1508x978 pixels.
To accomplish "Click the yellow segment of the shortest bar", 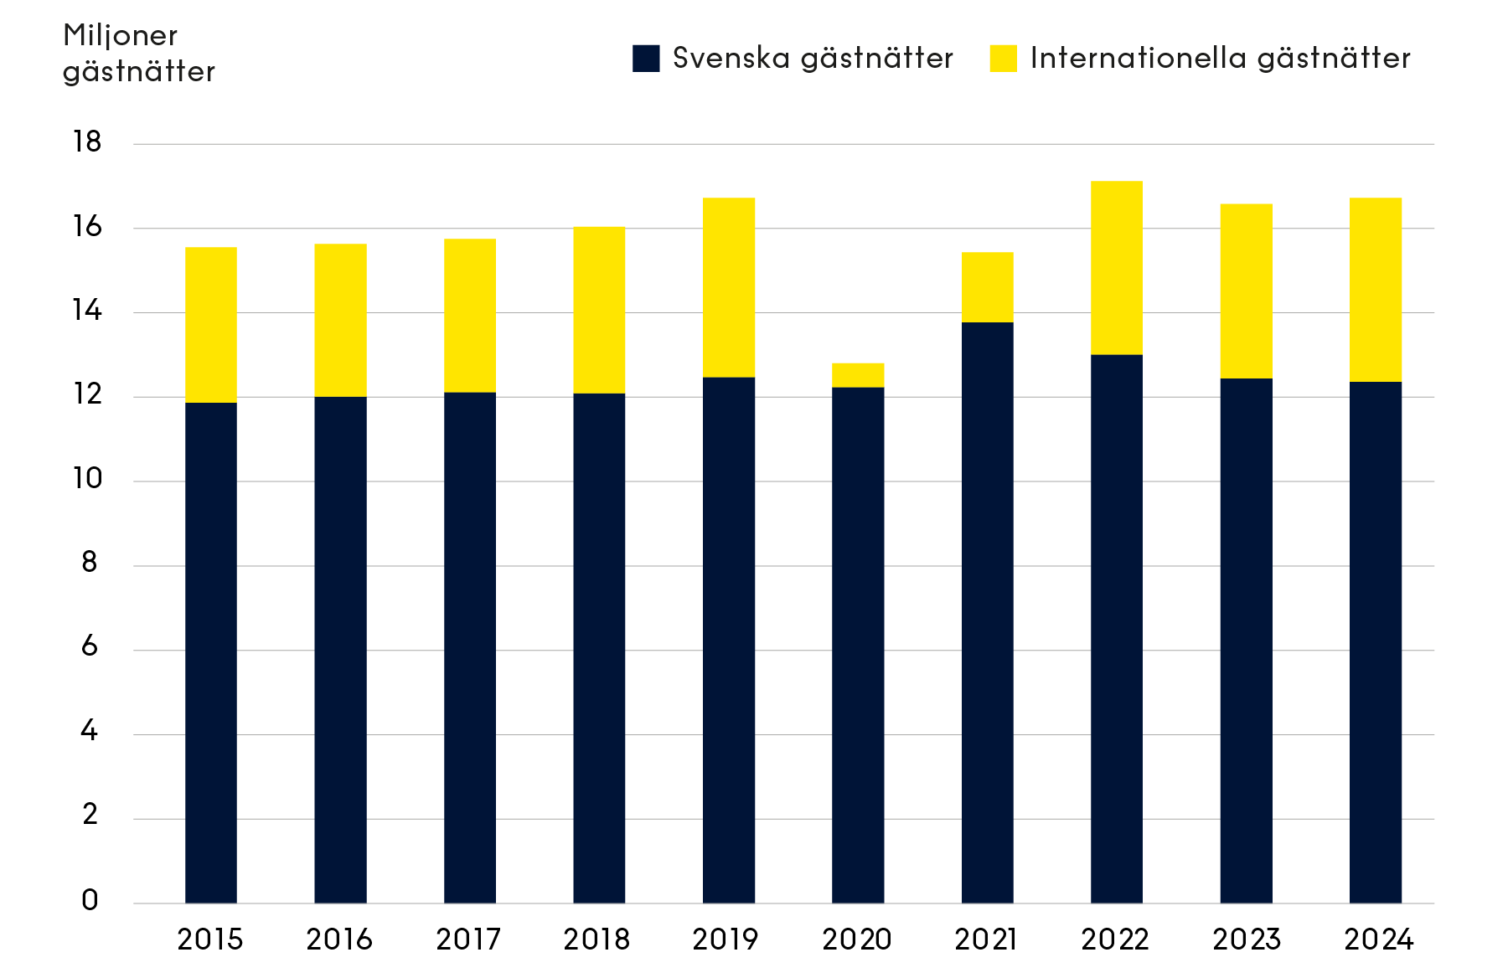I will (858, 375).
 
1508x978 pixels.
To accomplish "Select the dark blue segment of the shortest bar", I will (858, 645).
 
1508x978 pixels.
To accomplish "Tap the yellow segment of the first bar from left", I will (210, 325).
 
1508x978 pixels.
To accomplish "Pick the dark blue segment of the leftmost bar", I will (210, 653).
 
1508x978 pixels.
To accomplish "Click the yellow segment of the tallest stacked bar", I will (1117, 268).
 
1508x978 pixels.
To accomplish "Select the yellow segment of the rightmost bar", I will (1376, 290).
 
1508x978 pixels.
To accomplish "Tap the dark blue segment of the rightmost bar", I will (1376, 642).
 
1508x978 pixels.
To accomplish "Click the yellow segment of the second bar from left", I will (340, 320).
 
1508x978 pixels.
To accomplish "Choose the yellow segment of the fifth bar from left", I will (729, 287).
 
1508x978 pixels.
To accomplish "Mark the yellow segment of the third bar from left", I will (470, 316).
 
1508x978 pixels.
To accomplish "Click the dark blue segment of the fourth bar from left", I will (599, 648).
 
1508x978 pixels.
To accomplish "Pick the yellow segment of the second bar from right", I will (1246, 291).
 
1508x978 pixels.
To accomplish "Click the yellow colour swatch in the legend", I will (1003, 59).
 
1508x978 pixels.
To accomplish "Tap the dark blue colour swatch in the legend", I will (646, 59).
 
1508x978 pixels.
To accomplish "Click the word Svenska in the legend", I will (731, 59).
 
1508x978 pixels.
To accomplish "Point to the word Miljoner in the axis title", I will (121, 36).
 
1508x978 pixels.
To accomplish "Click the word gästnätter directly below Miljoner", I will (139, 72).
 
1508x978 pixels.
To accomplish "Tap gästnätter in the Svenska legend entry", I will (876, 59).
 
